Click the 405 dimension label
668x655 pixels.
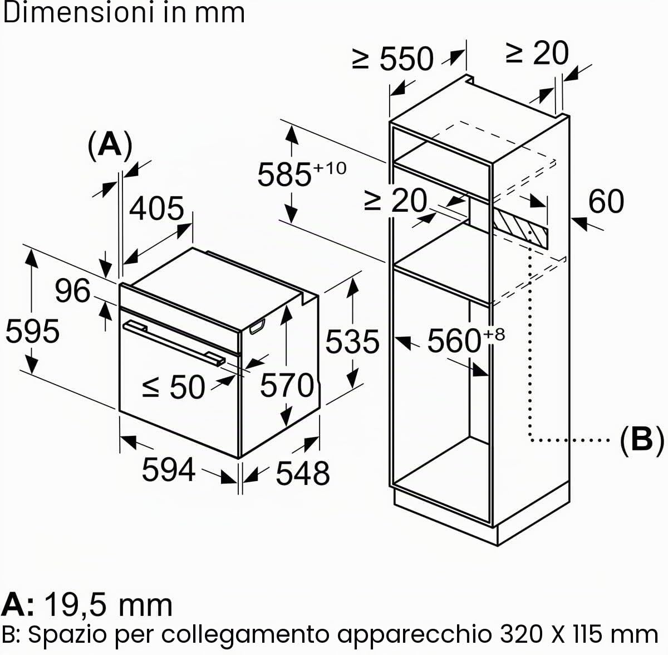coord(156,208)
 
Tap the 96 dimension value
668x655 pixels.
coord(72,290)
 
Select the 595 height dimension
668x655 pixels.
coord(33,331)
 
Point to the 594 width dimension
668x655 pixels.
coord(169,469)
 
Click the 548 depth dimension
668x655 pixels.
coord(303,473)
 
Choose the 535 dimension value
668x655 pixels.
coord(352,342)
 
